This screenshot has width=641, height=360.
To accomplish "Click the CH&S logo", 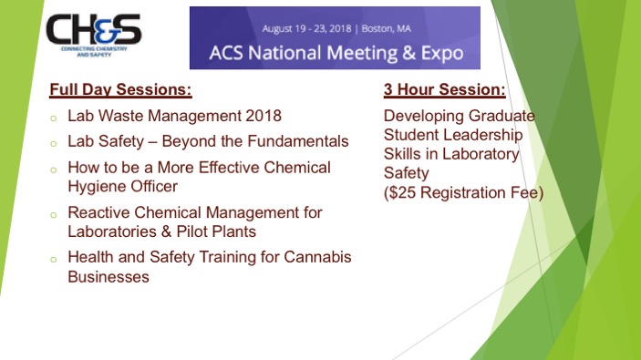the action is pyautogui.click(x=94, y=35).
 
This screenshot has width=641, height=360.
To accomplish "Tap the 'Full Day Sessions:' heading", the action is pyautogui.click(x=120, y=89).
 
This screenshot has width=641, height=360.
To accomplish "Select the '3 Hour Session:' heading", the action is pyautogui.click(x=444, y=89).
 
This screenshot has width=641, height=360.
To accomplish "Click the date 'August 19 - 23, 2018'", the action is pyautogui.click(x=306, y=28).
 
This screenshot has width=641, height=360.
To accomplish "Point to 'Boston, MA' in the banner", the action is pyautogui.click(x=387, y=28).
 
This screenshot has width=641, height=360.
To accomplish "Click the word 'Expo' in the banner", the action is pyautogui.click(x=442, y=53).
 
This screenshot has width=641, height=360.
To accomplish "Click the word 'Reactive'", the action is pyautogui.click(x=98, y=212).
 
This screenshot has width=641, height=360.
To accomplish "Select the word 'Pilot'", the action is pyautogui.click(x=192, y=231).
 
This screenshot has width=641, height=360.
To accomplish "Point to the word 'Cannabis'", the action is pyautogui.click(x=317, y=257).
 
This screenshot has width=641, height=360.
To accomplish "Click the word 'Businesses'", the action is pyautogui.click(x=109, y=277).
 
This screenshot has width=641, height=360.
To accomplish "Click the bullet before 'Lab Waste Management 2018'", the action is pyautogui.click(x=53, y=118).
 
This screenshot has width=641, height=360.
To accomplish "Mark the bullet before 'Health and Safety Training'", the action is pyautogui.click(x=53, y=260).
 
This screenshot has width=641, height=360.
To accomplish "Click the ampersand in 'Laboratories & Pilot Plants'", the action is pyautogui.click(x=166, y=231).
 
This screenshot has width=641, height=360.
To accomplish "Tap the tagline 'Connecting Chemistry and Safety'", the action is pyautogui.click(x=94, y=51).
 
